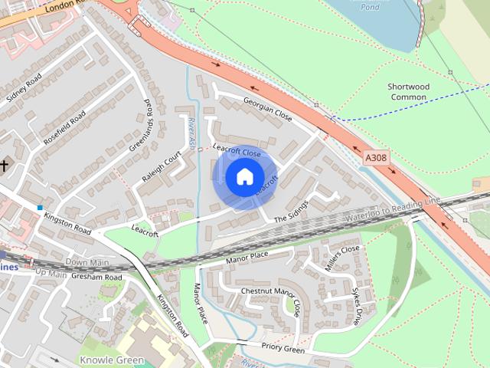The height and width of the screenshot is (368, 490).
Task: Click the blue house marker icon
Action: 243,176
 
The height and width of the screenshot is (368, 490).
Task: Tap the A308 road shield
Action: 375,157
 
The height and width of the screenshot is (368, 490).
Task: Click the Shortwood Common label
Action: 408,92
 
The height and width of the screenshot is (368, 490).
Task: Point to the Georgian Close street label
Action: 268,108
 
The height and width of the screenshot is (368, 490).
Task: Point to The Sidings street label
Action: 291,212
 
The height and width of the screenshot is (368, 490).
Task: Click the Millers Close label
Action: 340,256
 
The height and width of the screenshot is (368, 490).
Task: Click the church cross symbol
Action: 5,165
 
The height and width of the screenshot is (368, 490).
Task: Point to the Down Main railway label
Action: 87,262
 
